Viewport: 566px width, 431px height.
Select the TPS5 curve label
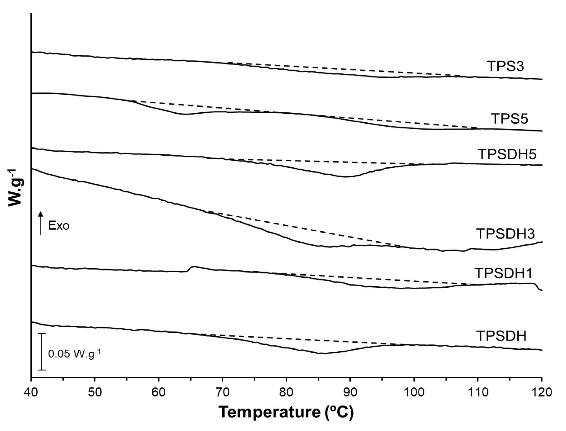pyautogui.click(x=509, y=119)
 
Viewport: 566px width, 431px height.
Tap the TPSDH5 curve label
pyautogui.click(x=507, y=154)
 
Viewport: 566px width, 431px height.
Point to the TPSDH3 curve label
pyautogui.click(x=505, y=234)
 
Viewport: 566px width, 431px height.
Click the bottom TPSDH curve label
pyautogui.click(x=501, y=336)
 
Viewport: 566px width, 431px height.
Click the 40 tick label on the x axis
pyautogui.click(x=31, y=393)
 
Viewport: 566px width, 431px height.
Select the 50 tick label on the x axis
pyautogui.click(x=95, y=393)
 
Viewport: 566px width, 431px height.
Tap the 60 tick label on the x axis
pyautogui.click(x=159, y=393)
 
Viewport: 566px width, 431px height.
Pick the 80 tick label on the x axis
pyautogui.click(x=286, y=393)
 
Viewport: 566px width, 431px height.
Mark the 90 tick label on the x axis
pyautogui.click(x=350, y=393)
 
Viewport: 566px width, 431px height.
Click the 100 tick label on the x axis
pyautogui.click(x=414, y=393)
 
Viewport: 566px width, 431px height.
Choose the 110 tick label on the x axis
pyautogui.click(x=477, y=393)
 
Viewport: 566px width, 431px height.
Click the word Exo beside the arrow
pyautogui.click(x=59, y=226)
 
